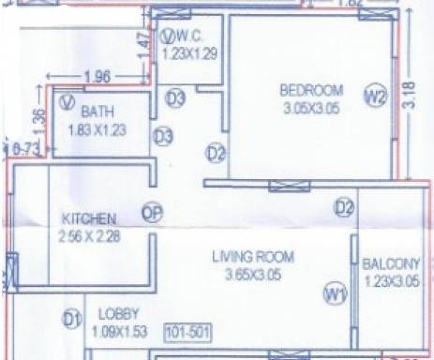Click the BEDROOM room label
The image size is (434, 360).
[312, 91]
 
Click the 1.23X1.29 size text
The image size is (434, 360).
[189, 54]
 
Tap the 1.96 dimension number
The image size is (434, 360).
[97, 76]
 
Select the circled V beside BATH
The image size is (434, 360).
[67, 100]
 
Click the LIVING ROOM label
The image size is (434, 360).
[252, 257]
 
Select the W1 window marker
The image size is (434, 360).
[335, 295]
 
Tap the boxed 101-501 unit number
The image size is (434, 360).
[185, 332]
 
